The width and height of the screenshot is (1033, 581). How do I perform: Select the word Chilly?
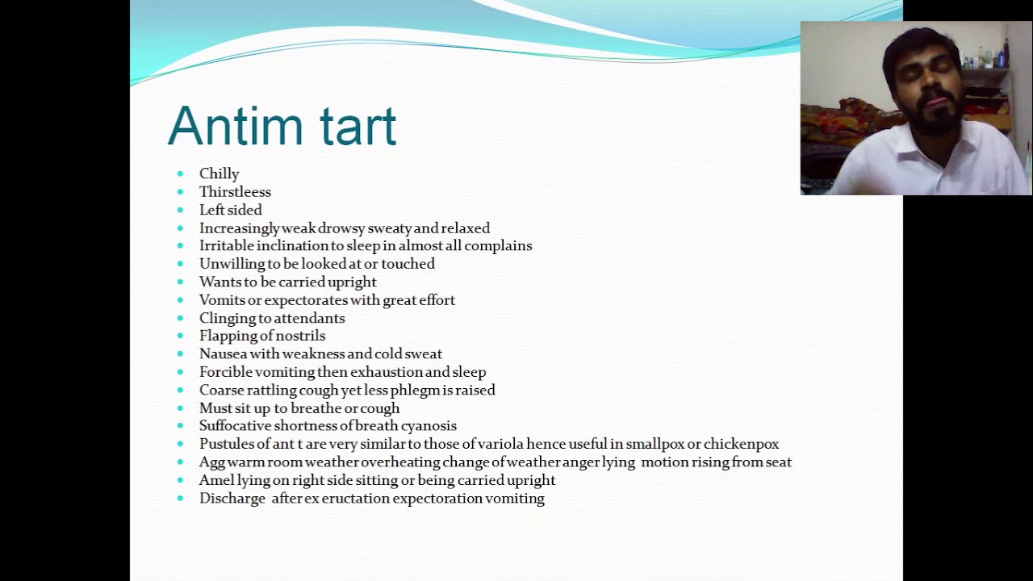[220, 173]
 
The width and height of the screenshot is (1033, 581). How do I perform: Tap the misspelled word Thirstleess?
[235, 192]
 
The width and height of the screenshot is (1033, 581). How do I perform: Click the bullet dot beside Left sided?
[180, 210]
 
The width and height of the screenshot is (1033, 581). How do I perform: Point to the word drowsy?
[341, 228]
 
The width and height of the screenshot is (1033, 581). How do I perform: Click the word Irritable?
[227, 246]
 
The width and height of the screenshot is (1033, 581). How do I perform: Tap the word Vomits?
[221, 300]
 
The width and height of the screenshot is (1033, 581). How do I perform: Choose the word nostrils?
[299, 336]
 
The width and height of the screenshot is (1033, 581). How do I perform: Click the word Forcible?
[225, 372]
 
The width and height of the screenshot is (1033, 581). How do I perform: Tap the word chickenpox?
[741, 445]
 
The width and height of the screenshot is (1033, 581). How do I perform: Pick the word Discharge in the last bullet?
[232, 499]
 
